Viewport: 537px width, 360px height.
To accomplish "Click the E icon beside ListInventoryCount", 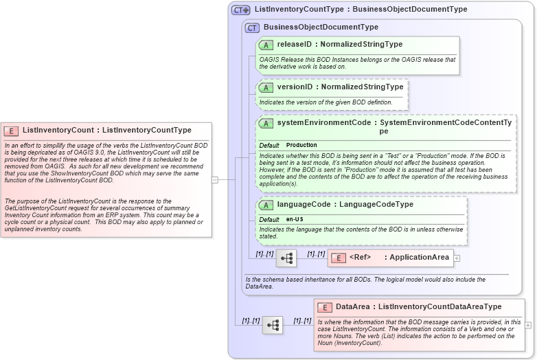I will (11, 131).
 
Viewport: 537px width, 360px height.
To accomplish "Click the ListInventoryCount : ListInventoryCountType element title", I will (106, 130).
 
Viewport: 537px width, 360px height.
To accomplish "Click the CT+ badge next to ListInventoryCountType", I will (240, 10).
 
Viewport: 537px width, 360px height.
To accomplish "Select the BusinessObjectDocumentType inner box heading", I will (320, 27).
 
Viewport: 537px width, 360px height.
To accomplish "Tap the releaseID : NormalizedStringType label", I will (339, 44).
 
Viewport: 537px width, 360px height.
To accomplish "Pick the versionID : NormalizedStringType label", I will (339, 87).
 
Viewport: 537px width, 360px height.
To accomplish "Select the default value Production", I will (301, 146).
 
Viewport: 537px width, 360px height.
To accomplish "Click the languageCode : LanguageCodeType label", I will (345, 205).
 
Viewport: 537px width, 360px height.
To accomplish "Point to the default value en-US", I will (295, 219).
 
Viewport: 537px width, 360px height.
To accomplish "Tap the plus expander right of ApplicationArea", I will (457, 258).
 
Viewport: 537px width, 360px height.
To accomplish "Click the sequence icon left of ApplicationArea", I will (286, 258).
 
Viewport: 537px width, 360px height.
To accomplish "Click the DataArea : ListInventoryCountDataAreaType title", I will (418, 306).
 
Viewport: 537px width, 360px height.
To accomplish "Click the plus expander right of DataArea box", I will (528, 325).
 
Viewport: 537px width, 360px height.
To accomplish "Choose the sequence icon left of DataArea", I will (273, 325).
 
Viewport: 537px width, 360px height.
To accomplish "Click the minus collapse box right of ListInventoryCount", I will (215, 180).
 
